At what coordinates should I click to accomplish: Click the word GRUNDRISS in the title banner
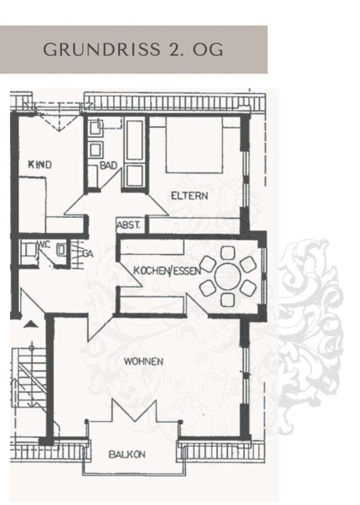(102, 49)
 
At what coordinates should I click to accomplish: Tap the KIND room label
(40, 165)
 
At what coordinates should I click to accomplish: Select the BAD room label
(108, 166)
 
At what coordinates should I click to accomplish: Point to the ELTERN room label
(189, 195)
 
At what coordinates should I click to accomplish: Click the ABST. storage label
(129, 225)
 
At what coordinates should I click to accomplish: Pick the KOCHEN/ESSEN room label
(167, 270)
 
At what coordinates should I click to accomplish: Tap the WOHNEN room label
(143, 361)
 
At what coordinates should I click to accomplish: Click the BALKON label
(127, 454)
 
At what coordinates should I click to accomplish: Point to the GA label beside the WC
(88, 254)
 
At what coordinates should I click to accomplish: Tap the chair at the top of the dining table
(228, 253)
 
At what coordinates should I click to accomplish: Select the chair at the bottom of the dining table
(227, 300)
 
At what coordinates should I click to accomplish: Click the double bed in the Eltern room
(194, 145)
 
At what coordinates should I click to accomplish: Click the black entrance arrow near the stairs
(31, 324)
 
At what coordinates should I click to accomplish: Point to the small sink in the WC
(61, 249)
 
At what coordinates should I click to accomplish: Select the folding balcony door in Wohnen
(134, 411)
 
